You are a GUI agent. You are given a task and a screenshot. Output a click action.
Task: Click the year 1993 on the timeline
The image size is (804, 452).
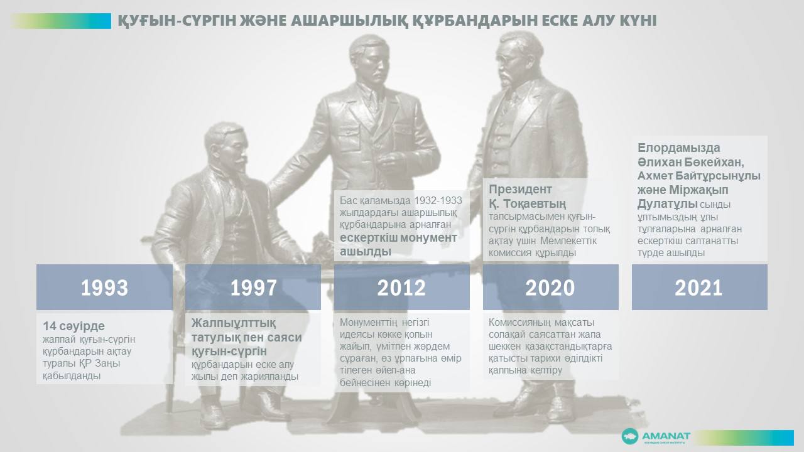pyautogui.click(x=104, y=288)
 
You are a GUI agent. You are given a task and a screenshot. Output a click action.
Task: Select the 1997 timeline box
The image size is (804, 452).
pyautogui.click(x=253, y=288)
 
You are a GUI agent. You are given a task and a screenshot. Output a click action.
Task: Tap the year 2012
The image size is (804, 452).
pyautogui.click(x=401, y=288)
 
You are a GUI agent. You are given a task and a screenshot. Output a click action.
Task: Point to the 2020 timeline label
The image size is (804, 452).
pyautogui.click(x=550, y=288)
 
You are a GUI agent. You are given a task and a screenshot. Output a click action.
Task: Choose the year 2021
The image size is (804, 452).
pyautogui.click(x=698, y=288)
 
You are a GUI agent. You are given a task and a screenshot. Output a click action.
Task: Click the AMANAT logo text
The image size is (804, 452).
pyautogui.click(x=666, y=436)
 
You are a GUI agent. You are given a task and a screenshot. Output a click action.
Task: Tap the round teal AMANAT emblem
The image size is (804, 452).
pyautogui.click(x=629, y=436)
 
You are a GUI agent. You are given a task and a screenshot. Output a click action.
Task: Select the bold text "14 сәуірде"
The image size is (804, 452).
pyautogui.click(x=74, y=326)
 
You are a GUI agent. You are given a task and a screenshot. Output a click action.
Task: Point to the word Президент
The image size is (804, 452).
pyautogui.click(x=516, y=189)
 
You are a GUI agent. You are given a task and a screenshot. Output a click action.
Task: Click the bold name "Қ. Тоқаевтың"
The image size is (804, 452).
pyautogui.click(x=527, y=204)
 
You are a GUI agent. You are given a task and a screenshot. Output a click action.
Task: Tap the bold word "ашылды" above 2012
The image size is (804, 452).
pyautogui.click(x=366, y=252)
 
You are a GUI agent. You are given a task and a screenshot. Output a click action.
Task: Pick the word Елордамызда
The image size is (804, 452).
pyautogui.click(x=679, y=148)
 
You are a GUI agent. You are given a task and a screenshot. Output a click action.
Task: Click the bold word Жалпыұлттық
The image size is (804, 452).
pyautogui.click(x=233, y=323)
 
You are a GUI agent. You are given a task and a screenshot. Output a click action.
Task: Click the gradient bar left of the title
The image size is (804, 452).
pyautogui.click(x=61, y=21)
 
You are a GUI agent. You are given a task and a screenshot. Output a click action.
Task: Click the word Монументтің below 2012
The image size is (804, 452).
pyautogui.click(x=368, y=323)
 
